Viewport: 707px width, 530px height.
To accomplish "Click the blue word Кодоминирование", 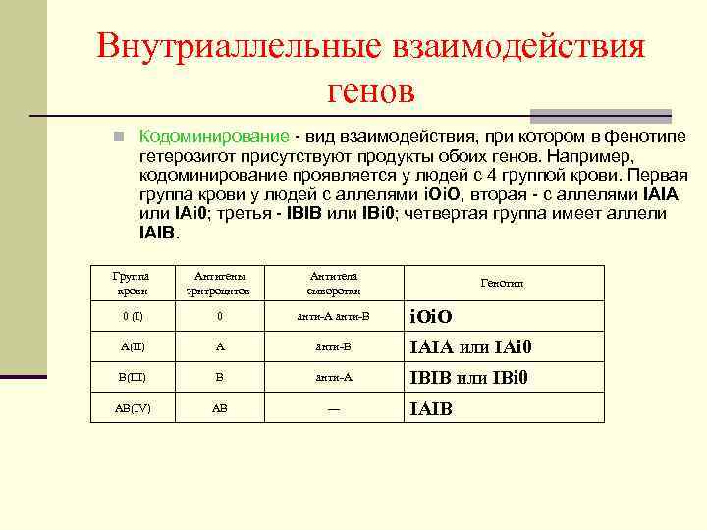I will click(213, 136).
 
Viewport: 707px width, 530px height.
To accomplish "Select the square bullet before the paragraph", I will click(118, 136).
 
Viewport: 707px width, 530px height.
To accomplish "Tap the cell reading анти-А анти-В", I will click(333, 317).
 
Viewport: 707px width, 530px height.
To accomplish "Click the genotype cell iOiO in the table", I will click(430, 318).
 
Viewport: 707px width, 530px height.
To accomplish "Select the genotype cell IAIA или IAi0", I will click(470, 347).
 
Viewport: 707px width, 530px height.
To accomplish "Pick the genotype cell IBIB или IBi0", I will click(469, 377).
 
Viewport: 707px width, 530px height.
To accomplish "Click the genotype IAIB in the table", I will click(430, 408).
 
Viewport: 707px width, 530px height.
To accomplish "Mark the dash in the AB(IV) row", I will click(333, 408).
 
